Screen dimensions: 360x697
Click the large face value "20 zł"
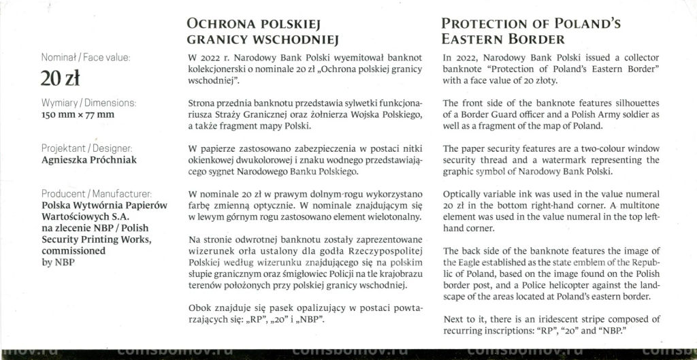61,79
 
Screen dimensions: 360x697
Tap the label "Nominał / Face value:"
86,59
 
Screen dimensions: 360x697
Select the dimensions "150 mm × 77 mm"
78,114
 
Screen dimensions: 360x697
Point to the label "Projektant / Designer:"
87,148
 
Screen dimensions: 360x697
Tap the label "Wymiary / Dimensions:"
88,103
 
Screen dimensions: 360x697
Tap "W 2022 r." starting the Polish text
206,59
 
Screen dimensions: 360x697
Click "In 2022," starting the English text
462,59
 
